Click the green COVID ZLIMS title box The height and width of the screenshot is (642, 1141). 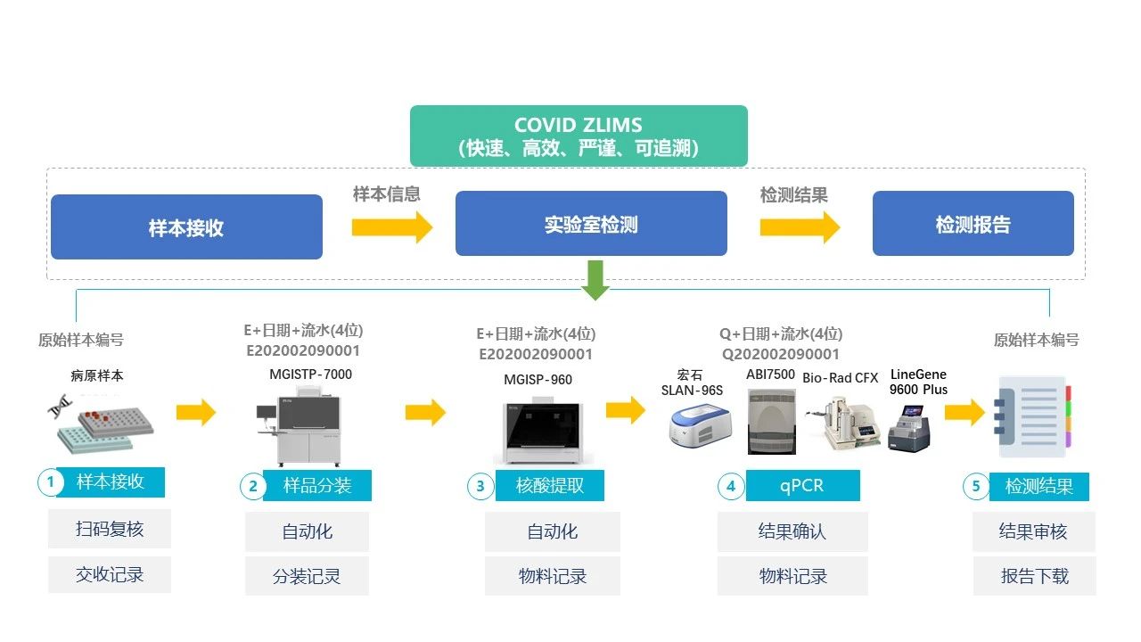(579, 136)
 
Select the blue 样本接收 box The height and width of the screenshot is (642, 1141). (186, 227)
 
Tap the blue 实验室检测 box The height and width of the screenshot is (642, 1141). (591, 224)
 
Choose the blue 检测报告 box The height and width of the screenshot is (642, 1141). (973, 224)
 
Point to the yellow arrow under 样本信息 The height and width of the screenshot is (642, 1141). (391, 226)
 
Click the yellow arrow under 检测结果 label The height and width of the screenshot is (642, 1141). (799, 226)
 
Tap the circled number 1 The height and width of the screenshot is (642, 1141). (51, 482)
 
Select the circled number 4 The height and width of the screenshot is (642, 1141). (731, 486)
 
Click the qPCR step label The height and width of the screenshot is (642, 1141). (802, 486)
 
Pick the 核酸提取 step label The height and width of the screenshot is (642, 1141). (550, 486)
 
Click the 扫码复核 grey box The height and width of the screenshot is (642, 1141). (110, 529)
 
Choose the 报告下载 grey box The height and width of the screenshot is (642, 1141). (1034, 576)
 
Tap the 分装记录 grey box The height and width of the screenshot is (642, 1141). (307, 576)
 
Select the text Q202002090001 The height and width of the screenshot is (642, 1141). (780, 354)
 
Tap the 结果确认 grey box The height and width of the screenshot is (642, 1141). (792, 531)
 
